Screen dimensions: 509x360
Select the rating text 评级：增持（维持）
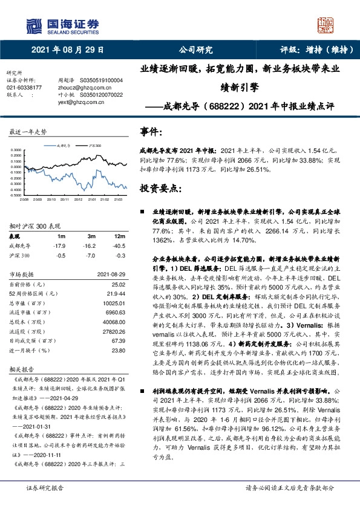pyautogui.click(x=315, y=50)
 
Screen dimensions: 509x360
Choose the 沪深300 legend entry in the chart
pyautogui.click(x=92, y=146)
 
